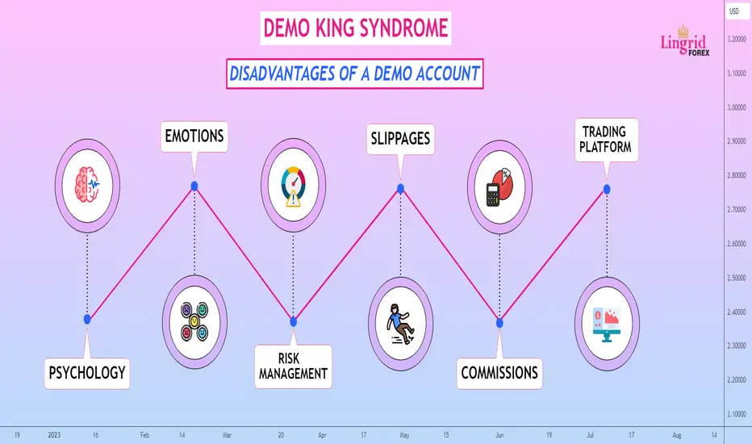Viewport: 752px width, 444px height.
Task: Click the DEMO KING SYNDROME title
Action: pos(355,27)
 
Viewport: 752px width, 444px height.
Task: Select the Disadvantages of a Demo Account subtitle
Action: pos(354,73)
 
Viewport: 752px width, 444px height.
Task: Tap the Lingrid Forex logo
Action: pos(684,42)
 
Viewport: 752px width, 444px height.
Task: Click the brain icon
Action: pos(87,185)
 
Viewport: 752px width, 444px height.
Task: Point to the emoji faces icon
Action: pos(194,321)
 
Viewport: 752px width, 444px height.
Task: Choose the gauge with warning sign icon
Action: pos(294,186)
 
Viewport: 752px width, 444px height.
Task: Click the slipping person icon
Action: pos(400,324)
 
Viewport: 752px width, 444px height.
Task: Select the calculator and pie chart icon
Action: pos(499,187)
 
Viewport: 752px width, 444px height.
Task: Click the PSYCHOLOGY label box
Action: pos(87,373)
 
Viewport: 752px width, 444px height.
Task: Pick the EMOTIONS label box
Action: pos(194,136)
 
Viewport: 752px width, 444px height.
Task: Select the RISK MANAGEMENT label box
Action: pos(293,367)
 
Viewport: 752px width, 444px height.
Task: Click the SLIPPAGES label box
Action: pos(400,139)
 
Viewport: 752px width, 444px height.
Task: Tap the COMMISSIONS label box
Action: pos(499,373)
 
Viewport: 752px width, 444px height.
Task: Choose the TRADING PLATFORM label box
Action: pos(606,140)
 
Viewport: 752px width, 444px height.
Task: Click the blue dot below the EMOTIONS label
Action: pos(194,186)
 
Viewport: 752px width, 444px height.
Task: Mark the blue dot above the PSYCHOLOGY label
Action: pos(87,319)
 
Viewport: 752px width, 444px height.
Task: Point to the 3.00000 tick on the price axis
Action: pos(736,107)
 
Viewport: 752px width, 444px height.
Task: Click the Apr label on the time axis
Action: pos(322,435)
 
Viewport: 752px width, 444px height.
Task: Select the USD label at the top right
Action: pos(734,11)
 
